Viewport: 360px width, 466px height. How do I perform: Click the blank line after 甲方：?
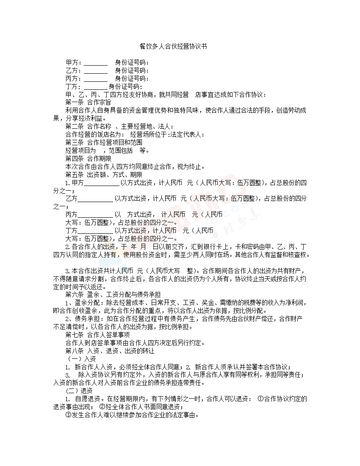[x=96, y=63]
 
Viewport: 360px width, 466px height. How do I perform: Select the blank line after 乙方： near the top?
[x=96, y=70]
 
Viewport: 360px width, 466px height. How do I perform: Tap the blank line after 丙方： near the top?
[x=96, y=78]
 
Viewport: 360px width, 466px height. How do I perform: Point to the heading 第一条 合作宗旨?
[x=88, y=102]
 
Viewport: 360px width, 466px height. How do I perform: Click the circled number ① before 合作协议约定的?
[x=261, y=399]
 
